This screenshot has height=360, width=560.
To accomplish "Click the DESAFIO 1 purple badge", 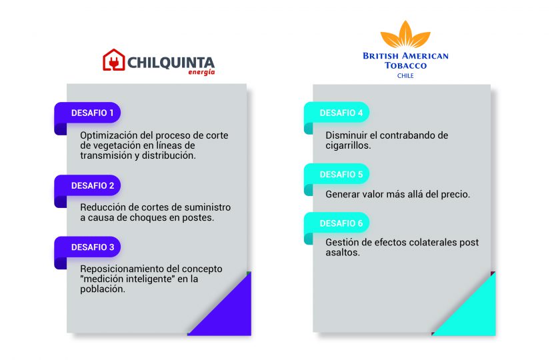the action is point(88,113).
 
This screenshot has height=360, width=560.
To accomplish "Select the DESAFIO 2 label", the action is point(88,186).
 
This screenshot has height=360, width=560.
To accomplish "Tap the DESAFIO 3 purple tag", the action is point(88,247).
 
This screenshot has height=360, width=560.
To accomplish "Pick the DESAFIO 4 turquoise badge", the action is point(337,113).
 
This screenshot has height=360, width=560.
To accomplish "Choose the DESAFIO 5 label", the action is point(337,174).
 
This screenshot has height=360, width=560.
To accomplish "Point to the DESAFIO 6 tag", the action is point(337,223).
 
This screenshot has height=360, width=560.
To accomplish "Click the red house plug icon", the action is point(114,60).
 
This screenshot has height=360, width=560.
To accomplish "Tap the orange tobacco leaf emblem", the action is point(405,34).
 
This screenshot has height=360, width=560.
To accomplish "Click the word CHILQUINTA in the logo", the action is point(171,63).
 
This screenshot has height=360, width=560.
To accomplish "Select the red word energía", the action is point(201,72).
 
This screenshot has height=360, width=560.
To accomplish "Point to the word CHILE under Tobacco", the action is point(405,76).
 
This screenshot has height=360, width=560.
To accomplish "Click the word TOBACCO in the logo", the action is point(406,65).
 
